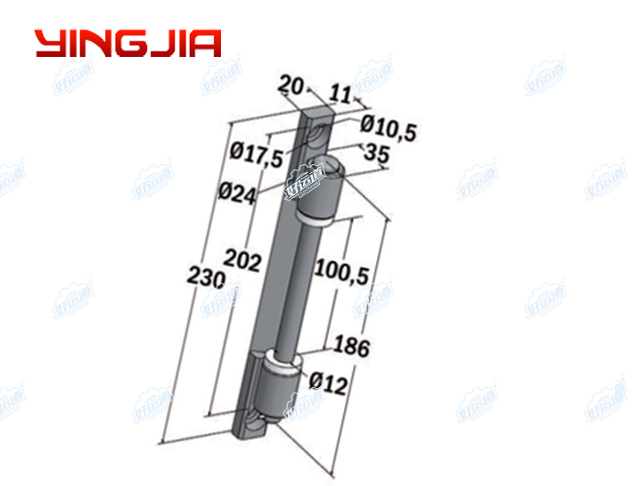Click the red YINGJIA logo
[x=127, y=44]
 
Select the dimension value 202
[x=242, y=260]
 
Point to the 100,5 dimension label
[x=342, y=271]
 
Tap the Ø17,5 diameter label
[x=256, y=153]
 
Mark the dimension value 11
[x=340, y=91]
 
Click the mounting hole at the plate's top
[x=317, y=134]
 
